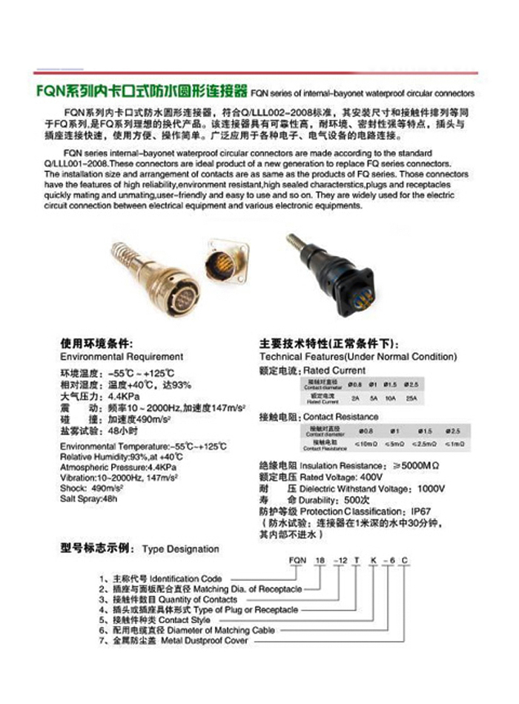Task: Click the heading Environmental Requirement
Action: click(x=122, y=357)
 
